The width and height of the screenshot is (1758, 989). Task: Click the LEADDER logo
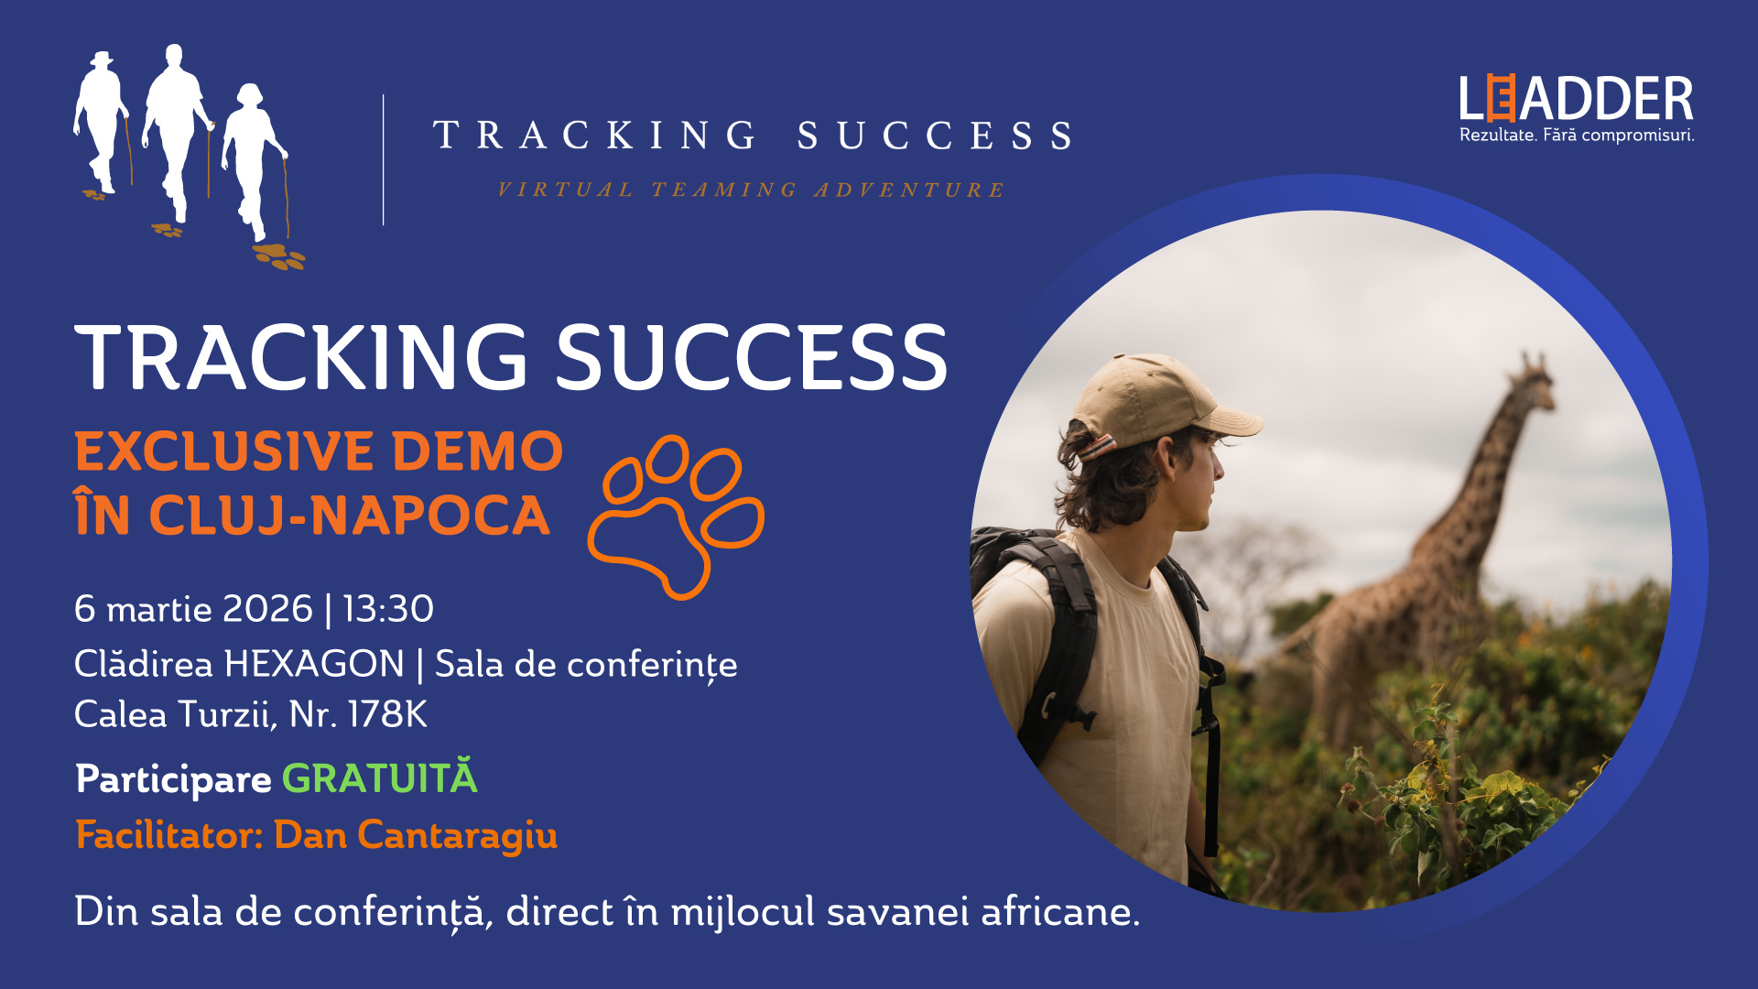[x=1576, y=99]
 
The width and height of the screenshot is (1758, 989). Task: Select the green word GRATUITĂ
[x=379, y=778]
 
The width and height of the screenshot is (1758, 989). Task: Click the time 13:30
[x=388, y=609]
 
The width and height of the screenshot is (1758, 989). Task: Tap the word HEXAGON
[x=314, y=664]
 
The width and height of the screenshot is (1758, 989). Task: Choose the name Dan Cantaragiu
[x=416, y=836]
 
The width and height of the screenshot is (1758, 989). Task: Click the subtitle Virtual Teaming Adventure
[x=751, y=190]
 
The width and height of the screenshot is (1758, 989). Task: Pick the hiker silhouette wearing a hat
[x=103, y=124]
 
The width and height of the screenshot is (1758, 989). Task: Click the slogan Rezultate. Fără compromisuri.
[x=1577, y=136]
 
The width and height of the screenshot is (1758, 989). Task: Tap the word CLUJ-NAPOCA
[x=349, y=516]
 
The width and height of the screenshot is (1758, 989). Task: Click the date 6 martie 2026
[x=193, y=609]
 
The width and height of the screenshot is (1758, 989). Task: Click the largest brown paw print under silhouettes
[x=279, y=256]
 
